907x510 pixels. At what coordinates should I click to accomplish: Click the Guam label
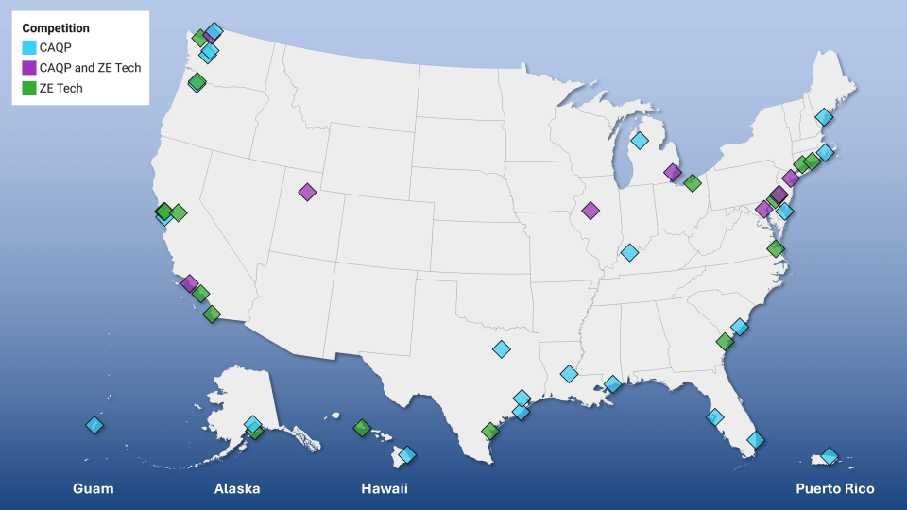[94, 488]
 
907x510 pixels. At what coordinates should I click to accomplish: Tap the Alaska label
[237, 488]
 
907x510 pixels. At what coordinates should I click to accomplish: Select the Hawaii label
[385, 488]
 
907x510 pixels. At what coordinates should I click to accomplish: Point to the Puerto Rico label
[834, 488]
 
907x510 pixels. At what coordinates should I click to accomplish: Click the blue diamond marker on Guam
[94, 425]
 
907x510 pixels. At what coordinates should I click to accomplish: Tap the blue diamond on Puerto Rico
[829, 456]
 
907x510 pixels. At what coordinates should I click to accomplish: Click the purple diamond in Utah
[307, 192]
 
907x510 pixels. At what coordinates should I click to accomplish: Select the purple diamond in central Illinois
[590, 211]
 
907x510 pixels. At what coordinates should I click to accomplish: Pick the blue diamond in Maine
[824, 117]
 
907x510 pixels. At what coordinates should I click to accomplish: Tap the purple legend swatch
[29, 68]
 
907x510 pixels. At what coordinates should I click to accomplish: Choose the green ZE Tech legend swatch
[29, 89]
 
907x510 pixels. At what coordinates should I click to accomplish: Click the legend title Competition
[56, 28]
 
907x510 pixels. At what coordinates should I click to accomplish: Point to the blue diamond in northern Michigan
[640, 141]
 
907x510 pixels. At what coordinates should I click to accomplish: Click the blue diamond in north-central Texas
[501, 349]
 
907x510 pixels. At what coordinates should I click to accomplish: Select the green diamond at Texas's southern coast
[489, 432]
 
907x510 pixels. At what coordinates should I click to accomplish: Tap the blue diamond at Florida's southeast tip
[755, 439]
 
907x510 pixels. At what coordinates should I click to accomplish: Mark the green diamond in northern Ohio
[692, 183]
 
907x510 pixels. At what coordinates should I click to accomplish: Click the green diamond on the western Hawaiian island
[362, 428]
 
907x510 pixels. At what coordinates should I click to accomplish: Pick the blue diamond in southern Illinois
[629, 252]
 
